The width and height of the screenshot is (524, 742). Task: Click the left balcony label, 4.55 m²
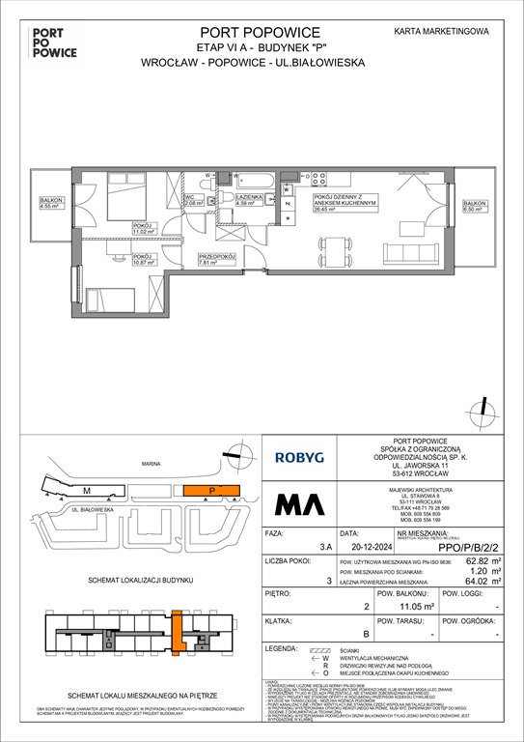pyautogui.click(x=49, y=204)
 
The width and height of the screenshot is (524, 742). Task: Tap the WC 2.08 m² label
pyautogui.click(x=194, y=202)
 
